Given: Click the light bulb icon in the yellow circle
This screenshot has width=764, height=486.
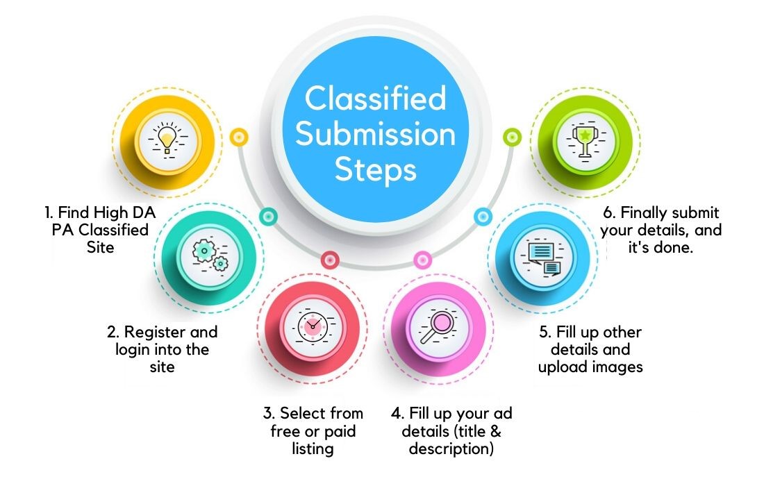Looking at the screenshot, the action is tap(167, 139).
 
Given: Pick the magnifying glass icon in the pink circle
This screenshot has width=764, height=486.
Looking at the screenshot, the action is tap(438, 326).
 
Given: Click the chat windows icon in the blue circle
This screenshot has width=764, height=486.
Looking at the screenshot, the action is tap(542, 257).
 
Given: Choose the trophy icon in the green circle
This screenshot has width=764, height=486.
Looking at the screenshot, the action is tap(586, 141).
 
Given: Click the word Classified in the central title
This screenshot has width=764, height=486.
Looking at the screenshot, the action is tap(375, 99).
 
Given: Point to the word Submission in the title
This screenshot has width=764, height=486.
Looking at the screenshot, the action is tap(375, 134).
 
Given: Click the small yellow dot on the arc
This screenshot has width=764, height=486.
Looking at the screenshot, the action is tap(239, 137).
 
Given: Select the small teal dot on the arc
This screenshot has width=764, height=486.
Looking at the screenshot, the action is tap(268, 216).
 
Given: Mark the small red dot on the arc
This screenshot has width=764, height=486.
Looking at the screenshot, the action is tap(330, 260).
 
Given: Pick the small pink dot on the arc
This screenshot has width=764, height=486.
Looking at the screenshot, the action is tap(422, 260).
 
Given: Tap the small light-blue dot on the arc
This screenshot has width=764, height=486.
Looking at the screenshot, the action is tap(483, 216).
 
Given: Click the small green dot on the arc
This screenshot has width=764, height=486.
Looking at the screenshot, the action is tap(512, 137).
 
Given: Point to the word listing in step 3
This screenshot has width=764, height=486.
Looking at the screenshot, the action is tap(313, 449).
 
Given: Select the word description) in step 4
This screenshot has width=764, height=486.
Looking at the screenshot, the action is tap(451, 449).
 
